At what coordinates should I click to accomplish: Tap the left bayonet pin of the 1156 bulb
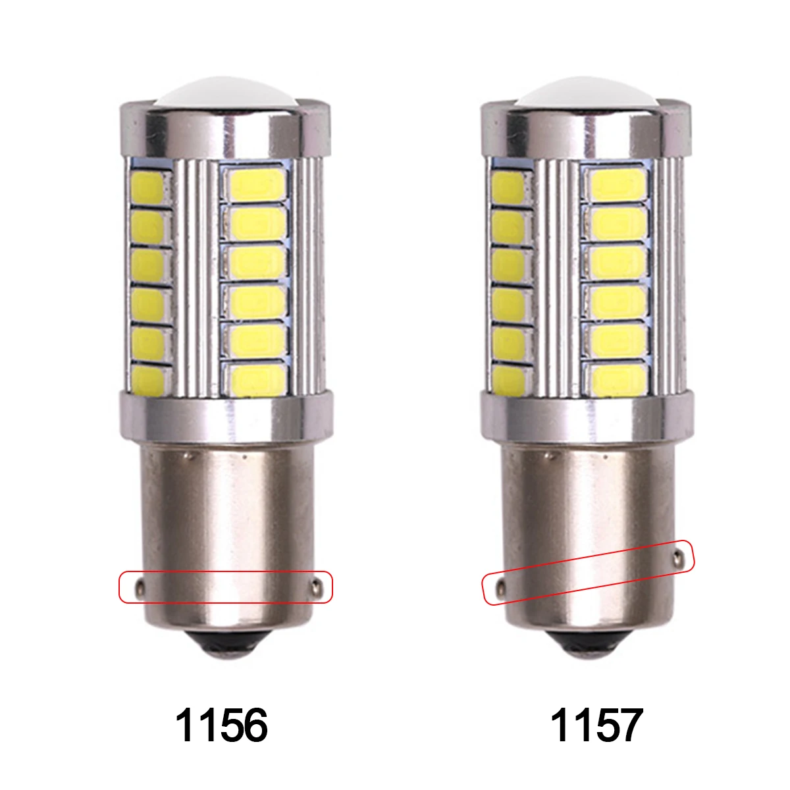tap(140, 589)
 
